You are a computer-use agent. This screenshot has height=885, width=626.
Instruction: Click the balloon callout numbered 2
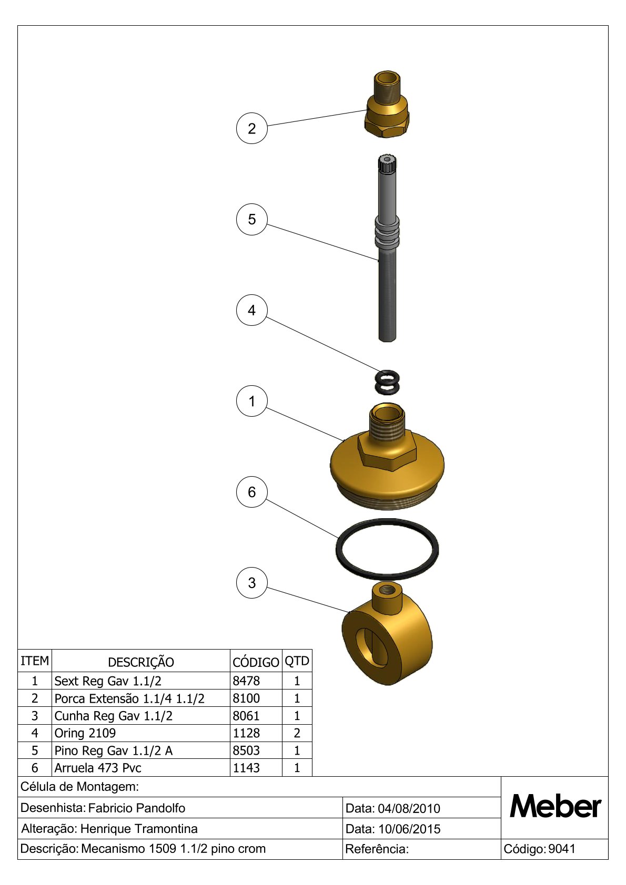(x=251, y=128)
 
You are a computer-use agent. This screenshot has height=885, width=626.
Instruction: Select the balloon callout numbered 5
(x=251, y=219)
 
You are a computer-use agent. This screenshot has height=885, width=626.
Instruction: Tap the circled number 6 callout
(x=251, y=492)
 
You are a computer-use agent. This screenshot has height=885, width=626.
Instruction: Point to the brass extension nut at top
(x=386, y=105)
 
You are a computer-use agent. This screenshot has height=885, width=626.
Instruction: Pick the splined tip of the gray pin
(x=387, y=163)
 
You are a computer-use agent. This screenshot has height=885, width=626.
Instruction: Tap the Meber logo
(x=555, y=807)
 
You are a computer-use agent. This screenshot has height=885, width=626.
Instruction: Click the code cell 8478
(x=246, y=681)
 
